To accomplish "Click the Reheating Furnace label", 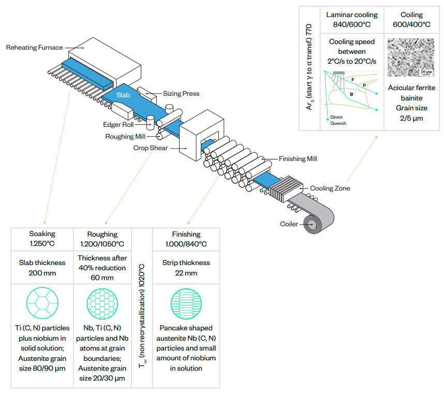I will point(34,48).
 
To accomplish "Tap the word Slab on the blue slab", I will point(123,95).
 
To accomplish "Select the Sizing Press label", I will point(181,94).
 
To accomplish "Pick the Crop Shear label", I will point(151,148).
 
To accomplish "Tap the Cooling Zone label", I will point(330,188).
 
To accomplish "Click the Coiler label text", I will point(289,224).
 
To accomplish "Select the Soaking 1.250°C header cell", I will point(42,239).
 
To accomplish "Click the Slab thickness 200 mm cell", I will point(42,268).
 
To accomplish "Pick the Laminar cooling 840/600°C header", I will point(352,20).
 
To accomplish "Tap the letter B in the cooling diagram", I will point(351,94).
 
